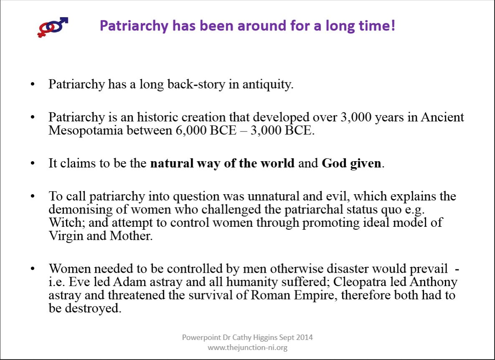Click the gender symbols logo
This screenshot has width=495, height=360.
tap(53, 27)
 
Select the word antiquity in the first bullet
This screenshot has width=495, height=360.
tap(268, 85)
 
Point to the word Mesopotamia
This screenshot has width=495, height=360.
tap(86, 130)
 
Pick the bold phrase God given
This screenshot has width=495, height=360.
tap(351, 163)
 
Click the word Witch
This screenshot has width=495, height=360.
tap(66, 223)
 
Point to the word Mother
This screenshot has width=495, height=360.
tap(131, 236)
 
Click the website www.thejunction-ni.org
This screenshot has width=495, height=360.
tap(247, 348)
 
